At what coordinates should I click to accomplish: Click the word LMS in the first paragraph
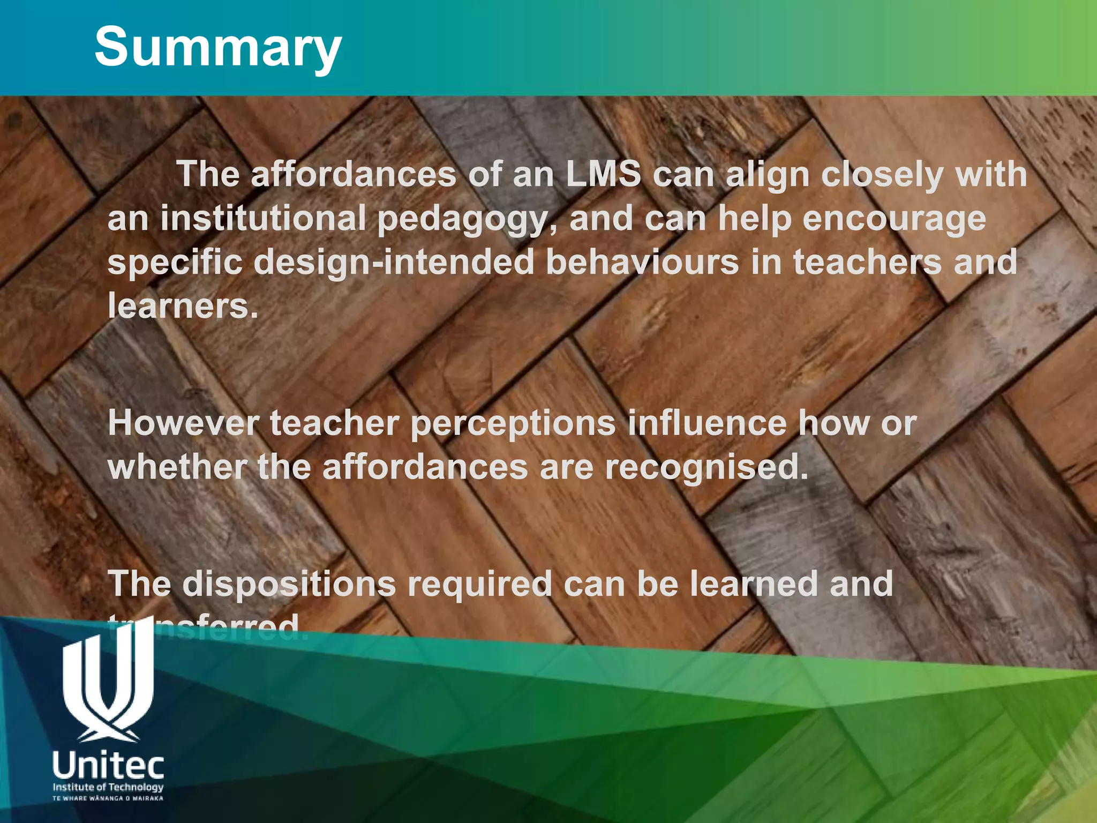[x=603, y=175]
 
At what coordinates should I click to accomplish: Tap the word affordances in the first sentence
[x=354, y=175]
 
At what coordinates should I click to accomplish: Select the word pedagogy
[x=462, y=220]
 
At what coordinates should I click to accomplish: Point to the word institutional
[x=262, y=219]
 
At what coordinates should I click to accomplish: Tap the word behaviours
[x=642, y=263]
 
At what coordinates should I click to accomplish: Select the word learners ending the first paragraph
[x=182, y=306]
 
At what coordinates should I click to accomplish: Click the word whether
[x=177, y=467]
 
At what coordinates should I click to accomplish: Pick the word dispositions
[x=289, y=584]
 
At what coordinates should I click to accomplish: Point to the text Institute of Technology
[x=108, y=787]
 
